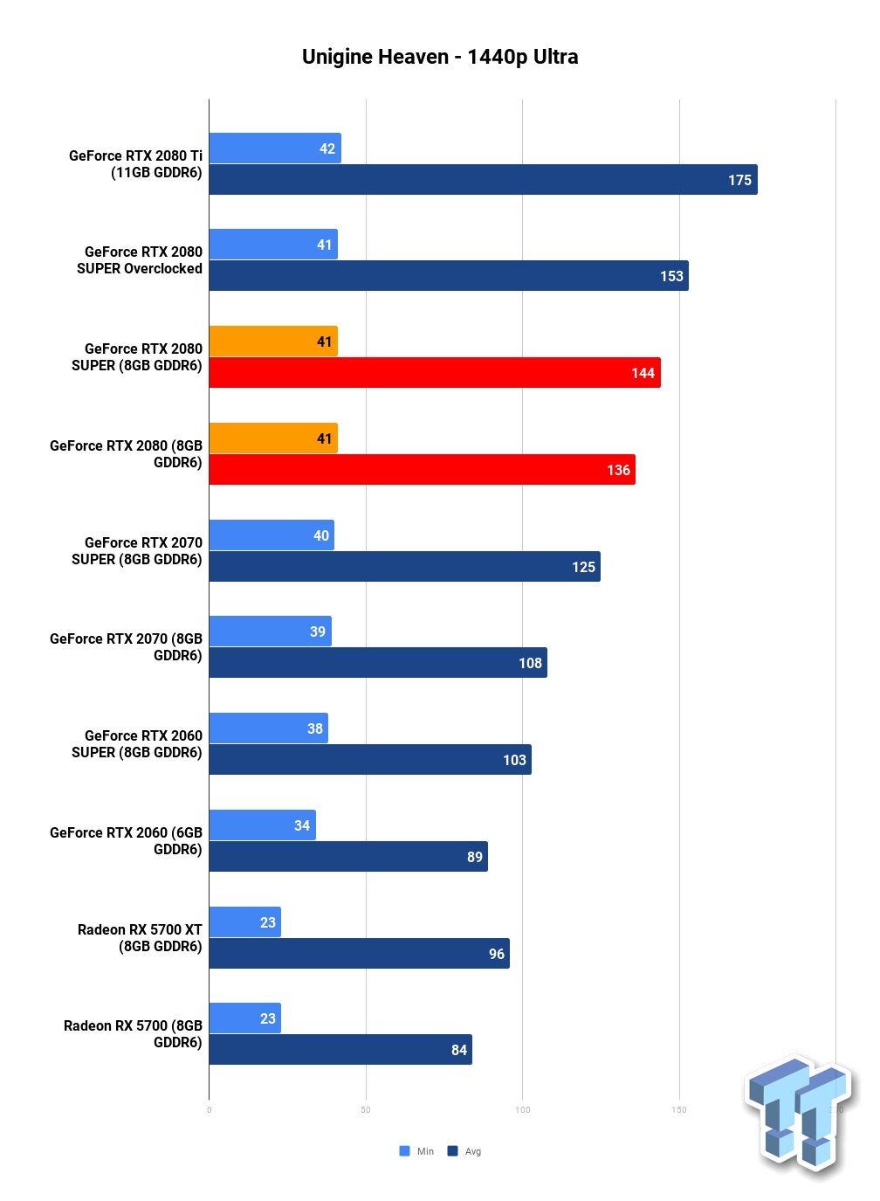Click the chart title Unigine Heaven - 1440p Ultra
pos(440,57)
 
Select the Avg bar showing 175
pos(483,180)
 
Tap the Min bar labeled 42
pos(275,148)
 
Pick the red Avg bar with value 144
pos(435,373)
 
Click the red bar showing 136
pos(423,470)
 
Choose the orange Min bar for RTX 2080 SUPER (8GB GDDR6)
pos(273,341)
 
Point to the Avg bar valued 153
pos(449,276)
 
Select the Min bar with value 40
pos(272,535)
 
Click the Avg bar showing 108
pos(378,663)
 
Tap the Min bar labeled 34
pos(262,825)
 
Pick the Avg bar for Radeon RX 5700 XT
pos(359,953)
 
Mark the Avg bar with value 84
pos(340,1049)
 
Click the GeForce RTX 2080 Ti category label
pos(135,164)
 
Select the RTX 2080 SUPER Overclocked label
pos(140,260)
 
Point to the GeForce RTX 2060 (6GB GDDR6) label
pos(126,840)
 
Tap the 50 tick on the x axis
pos(366,1110)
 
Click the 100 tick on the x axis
pos(523,1110)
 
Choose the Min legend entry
pos(416,1151)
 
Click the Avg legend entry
pos(464,1151)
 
